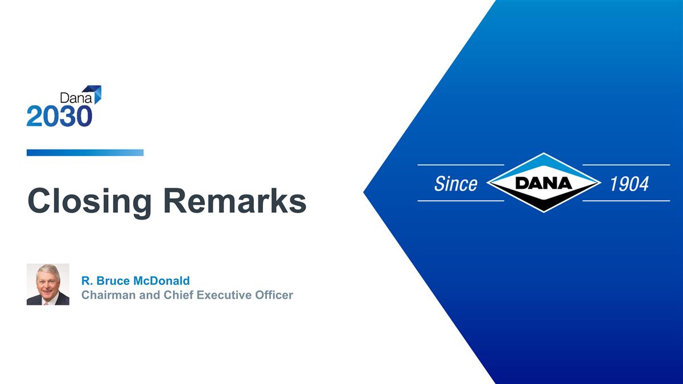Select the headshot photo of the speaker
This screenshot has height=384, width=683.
click(48, 284)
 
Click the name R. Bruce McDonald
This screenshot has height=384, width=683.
click(135, 280)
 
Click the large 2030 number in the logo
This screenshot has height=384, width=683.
click(59, 116)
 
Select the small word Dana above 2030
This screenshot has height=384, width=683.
click(72, 98)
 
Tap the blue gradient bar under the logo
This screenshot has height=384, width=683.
click(85, 152)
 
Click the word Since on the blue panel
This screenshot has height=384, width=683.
click(455, 183)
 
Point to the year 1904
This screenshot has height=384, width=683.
click(629, 183)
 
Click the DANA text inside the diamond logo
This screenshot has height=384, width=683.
click(544, 183)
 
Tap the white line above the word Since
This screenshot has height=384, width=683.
click(460, 165)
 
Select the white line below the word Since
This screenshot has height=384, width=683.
click(460, 201)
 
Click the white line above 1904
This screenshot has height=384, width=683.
click(626, 165)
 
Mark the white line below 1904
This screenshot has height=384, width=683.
click(626, 201)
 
